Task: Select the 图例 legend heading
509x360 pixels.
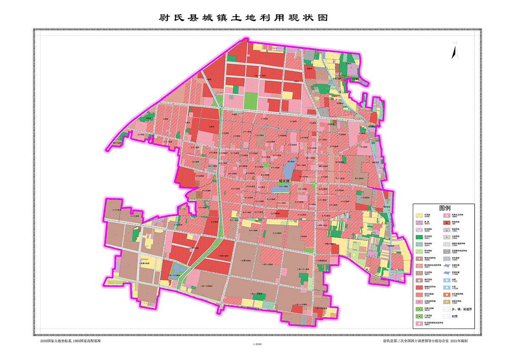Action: pos(445,208)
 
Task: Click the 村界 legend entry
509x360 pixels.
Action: pos(456,316)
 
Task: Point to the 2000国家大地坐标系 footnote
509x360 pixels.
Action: pos(70,340)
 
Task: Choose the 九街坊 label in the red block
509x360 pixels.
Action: pos(211,126)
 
